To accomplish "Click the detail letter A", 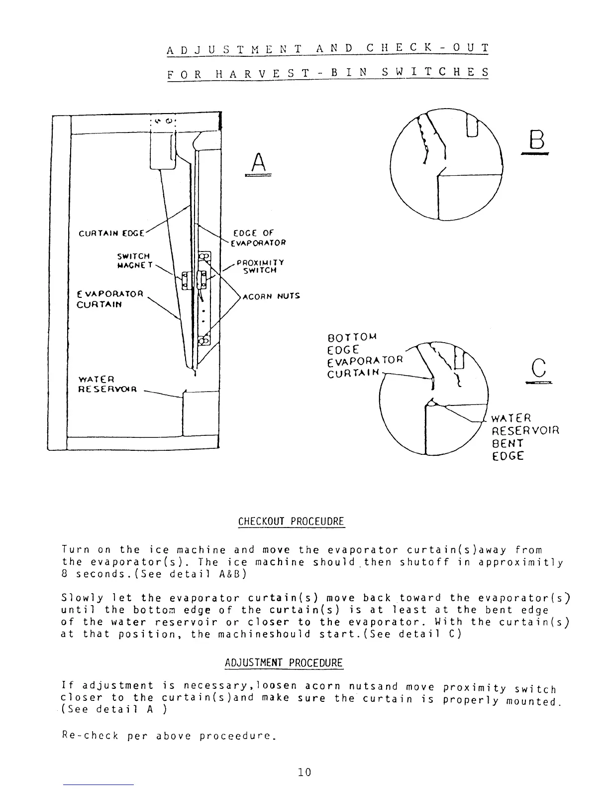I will point(258,162).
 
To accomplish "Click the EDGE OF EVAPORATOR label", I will point(259,238).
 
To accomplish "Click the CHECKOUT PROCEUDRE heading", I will point(291,522).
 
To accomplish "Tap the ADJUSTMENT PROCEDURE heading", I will point(284,663).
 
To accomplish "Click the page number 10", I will point(304,772).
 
